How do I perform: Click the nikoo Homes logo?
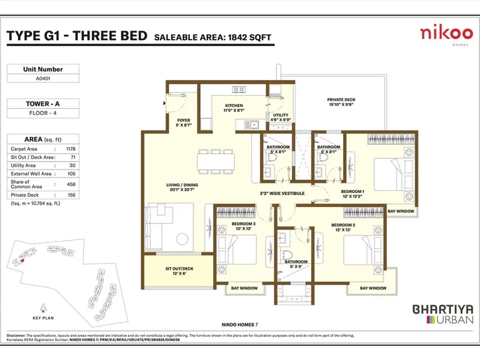click(446, 35)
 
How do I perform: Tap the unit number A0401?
click(43, 78)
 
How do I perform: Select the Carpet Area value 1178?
click(70, 149)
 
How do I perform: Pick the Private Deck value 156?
click(71, 195)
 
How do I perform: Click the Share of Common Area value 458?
click(71, 184)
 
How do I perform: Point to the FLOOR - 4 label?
click(43, 113)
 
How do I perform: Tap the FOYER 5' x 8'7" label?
click(183, 123)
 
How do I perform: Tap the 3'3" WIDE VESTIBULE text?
click(282, 193)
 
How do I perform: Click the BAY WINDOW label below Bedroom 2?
click(373, 288)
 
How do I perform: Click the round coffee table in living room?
click(182, 239)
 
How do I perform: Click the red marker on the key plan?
click(22, 260)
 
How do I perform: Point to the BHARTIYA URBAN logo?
click(443, 314)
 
